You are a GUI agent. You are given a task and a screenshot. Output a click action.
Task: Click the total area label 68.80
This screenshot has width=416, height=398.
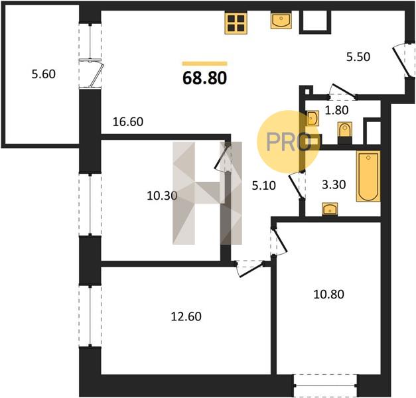[204, 78]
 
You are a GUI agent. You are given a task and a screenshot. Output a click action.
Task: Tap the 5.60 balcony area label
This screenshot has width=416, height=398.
[44, 74]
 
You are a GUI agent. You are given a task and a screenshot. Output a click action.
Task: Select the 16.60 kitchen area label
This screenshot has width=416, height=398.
[128, 122]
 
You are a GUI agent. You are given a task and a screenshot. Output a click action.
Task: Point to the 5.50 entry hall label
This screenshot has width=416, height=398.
[358, 57]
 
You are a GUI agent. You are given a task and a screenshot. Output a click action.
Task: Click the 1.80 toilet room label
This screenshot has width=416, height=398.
[336, 110]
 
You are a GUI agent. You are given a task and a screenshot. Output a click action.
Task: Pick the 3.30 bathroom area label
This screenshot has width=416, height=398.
[334, 184]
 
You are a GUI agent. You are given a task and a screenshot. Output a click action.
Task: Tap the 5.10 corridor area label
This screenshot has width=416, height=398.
[263, 186]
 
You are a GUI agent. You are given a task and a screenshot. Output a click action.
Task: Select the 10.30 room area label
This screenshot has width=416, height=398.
[162, 196]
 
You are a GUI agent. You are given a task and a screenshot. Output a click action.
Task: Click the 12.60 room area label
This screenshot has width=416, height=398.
[186, 316]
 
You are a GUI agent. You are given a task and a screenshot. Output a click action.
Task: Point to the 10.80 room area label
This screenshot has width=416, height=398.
[328, 295]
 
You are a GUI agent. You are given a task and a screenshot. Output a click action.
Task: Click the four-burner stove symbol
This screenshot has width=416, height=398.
[236, 23]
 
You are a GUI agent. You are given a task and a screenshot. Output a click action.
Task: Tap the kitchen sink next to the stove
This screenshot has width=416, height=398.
[281, 20]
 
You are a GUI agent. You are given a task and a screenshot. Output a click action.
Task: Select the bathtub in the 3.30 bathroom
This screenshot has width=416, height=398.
[368, 176]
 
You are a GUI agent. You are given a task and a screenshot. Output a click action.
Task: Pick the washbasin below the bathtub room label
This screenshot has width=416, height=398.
[330, 208]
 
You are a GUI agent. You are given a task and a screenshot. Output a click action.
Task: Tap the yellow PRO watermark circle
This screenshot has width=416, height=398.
[289, 142]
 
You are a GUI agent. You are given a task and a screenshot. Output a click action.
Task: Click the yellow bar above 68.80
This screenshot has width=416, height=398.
[204, 64]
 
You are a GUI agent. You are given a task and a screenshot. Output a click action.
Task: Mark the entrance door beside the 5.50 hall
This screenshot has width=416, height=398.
[404, 60]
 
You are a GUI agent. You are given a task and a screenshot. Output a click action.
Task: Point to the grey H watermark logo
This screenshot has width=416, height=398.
[207, 193]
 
